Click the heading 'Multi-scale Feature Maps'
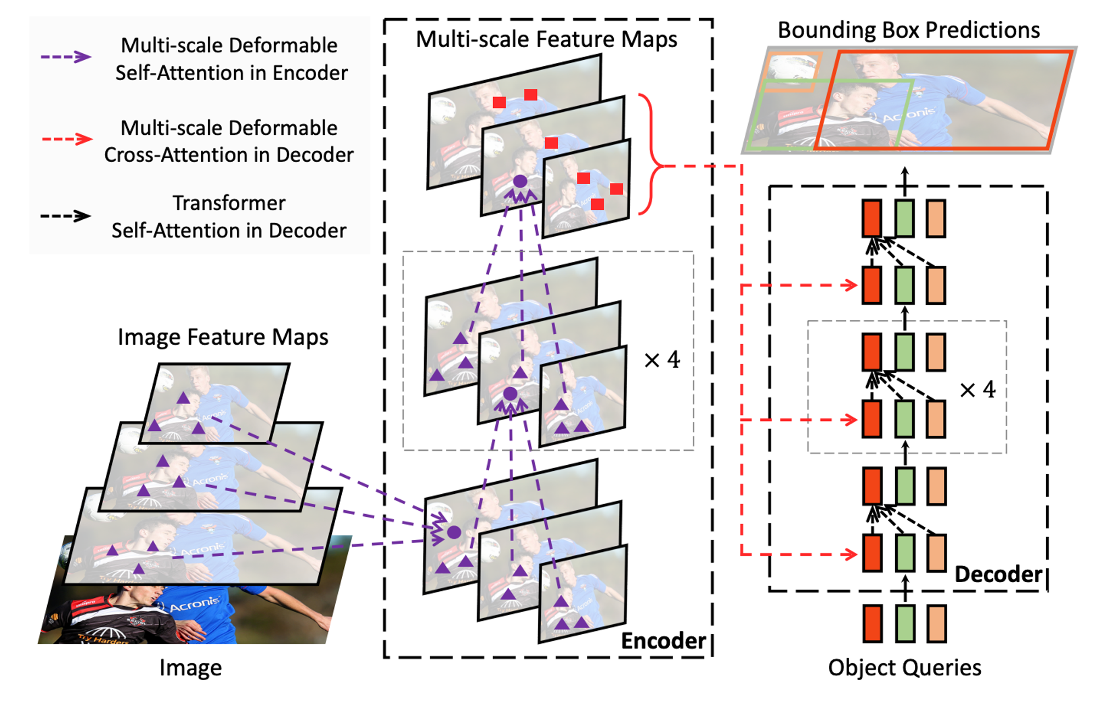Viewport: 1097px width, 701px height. [546, 39]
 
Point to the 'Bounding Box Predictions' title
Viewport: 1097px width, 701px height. [908, 30]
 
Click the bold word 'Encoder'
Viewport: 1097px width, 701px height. [663, 641]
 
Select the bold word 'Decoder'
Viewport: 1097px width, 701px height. [998, 574]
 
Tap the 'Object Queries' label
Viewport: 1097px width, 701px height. [904, 668]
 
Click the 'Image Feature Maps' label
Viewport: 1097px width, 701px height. [223, 337]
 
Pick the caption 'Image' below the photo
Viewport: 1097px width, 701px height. [190, 668]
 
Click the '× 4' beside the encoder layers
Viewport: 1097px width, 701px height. [662, 360]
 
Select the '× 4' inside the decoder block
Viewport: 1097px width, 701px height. [977, 390]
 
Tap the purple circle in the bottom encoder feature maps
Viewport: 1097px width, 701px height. [454, 532]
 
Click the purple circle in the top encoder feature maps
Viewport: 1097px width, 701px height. [519, 181]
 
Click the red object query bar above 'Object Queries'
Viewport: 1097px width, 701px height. [872, 624]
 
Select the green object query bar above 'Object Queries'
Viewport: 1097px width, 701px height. [905, 624]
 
